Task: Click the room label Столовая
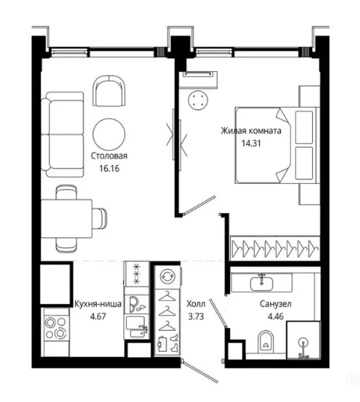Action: point(109,156)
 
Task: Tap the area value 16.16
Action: point(110,169)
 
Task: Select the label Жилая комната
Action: point(251,131)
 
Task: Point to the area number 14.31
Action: point(251,143)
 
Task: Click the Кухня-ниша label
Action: point(98,304)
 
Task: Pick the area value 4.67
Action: point(98,316)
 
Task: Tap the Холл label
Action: point(196,304)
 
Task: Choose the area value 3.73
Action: point(196,316)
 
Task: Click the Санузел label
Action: point(276,304)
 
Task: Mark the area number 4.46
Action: point(276,316)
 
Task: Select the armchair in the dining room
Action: point(109,91)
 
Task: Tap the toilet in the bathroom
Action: point(266,342)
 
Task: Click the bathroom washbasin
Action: point(261,283)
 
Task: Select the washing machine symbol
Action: point(168,276)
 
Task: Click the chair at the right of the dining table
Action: point(100,218)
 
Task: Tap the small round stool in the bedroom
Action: point(198,100)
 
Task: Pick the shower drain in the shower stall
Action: point(303,342)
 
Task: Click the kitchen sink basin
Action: point(135,323)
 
